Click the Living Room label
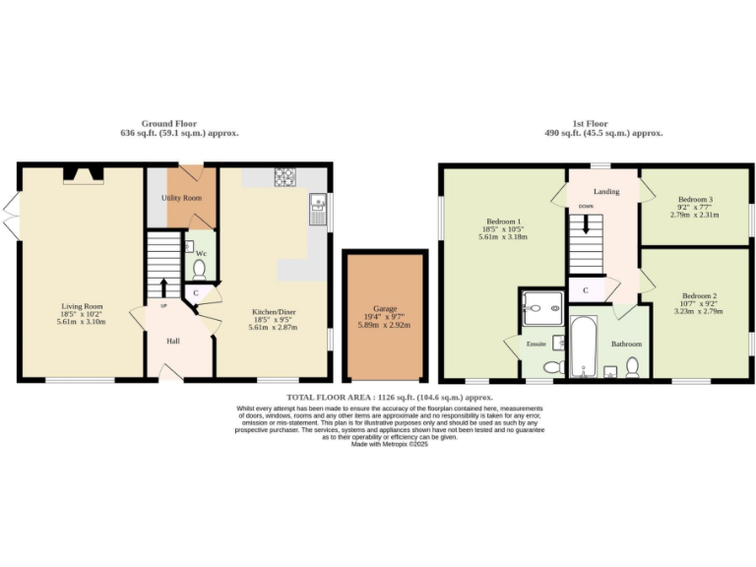pos(81,306)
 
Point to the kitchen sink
pos(318,205)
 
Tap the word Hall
pos(173,341)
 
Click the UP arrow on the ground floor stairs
pos(163,287)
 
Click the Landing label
pos(606,191)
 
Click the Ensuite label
pos(536,345)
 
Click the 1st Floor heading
pos(603,125)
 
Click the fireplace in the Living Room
pos(83,175)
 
